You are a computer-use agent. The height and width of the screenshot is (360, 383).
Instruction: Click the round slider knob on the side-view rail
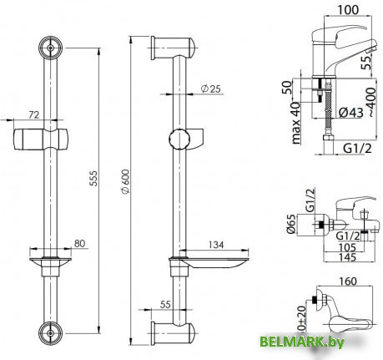(x=178, y=138)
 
